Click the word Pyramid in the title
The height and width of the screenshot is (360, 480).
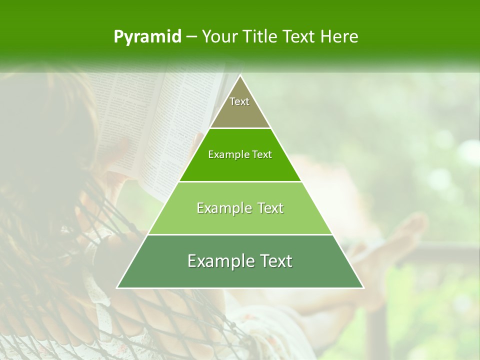point(147,37)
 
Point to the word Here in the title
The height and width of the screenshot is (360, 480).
point(339,36)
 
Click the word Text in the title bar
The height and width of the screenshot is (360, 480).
point(299,36)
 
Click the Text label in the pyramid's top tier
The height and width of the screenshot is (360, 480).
point(239,101)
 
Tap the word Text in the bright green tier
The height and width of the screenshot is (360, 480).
point(262,155)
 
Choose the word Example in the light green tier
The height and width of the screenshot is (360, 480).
point(219,208)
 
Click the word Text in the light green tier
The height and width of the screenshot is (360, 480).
point(268,208)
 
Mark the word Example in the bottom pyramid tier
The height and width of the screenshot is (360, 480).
point(214,261)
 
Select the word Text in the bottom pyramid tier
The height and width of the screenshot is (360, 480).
point(275,261)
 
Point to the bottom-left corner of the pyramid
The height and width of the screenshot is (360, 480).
point(117,288)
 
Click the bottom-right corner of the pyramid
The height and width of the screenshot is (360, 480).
point(363,288)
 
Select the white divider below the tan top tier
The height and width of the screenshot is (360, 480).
point(240,128)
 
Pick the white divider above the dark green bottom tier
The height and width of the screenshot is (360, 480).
point(240,234)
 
